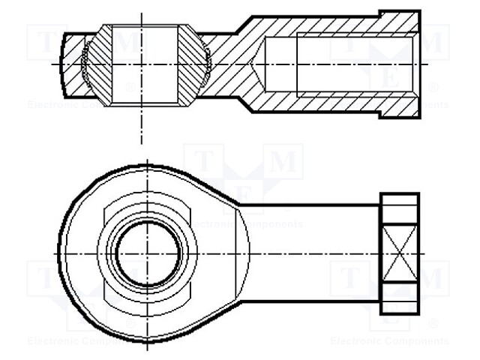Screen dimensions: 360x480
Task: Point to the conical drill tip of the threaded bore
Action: click(258, 64)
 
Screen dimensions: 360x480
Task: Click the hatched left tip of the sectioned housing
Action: click(72, 64)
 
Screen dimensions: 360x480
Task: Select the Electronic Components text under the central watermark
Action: click(244, 224)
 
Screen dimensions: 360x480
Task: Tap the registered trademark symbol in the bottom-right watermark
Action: click(433, 325)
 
